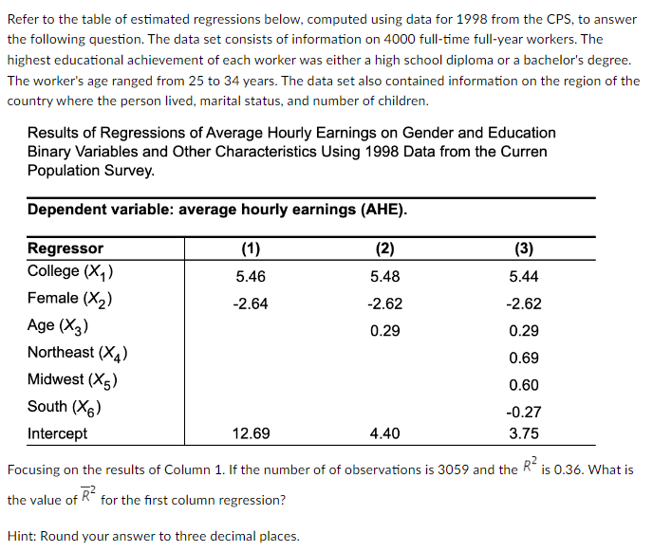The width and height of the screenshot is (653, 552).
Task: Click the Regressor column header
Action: click(x=65, y=248)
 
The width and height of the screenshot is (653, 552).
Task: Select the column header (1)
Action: click(x=251, y=248)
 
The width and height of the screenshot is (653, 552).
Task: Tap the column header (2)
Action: click(x=384, y=248)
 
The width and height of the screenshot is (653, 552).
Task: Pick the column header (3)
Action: click(x=524, y=248)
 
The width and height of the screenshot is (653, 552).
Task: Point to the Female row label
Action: click(x=71, y=299)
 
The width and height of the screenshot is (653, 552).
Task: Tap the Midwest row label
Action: click(x=72, y=379)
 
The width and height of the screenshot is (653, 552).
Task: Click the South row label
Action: click(x=65, y=407)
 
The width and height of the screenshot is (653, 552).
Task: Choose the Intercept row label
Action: click(x=57, y=433)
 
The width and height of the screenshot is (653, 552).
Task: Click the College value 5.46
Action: click(x=251, y=276)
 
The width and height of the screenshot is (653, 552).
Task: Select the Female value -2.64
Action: click(x=251, y=304)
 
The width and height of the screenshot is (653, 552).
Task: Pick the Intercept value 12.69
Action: click(x=251, y=433)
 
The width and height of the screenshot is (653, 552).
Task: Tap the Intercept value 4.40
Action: click(x=384, y=433)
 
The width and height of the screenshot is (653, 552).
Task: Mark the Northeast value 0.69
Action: click(x=524, y=358)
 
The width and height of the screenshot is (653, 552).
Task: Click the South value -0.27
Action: click(x=524, y=412)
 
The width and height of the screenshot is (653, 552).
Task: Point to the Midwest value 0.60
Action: click(x=524, y=384)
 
